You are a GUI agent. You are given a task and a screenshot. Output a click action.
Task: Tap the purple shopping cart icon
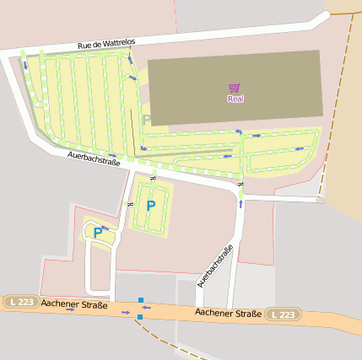[x=234, y=88]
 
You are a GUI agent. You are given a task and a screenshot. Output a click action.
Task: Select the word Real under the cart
[x=235, y=99]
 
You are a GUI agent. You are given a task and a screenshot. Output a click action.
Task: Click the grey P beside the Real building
[x=147, y=121]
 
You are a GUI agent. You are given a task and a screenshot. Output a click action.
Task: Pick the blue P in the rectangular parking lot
[x=151, y=205]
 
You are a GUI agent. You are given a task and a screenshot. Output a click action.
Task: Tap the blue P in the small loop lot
[x=98, y=232]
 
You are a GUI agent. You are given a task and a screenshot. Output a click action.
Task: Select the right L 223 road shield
[x=284, y=314]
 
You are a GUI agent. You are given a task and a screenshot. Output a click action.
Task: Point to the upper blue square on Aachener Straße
[x=141, y=299]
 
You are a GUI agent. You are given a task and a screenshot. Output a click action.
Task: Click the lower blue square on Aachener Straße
[x=139, y=316]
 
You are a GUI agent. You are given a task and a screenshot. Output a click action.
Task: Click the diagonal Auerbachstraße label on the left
[x=95, y=158]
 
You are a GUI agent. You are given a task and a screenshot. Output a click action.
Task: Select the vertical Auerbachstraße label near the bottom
[x=214, y=266]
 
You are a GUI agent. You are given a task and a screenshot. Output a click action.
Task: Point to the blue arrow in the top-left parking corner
[x=24, y=64]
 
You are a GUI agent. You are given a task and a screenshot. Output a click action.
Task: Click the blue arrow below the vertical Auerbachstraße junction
[x=241, y=202]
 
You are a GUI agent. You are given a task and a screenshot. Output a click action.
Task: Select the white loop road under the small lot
[x=89, y=270]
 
